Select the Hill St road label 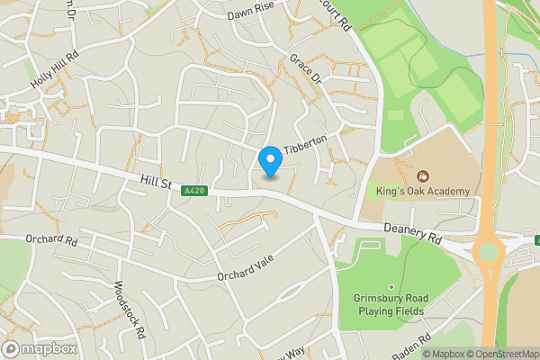pos(156,183)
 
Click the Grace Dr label pos(305,70)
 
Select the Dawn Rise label pos(250,11)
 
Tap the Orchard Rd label pos(52,241)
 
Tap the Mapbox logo pos(40,348)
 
